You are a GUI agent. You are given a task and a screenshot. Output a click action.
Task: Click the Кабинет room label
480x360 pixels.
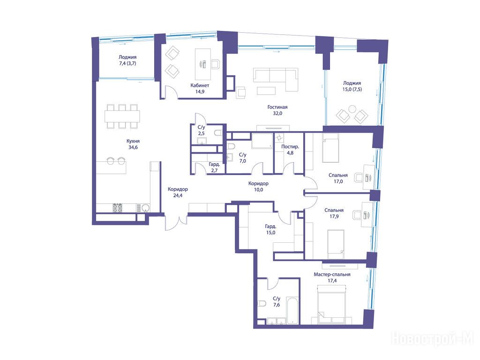200,85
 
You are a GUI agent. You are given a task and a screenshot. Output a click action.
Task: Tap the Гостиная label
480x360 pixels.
277,107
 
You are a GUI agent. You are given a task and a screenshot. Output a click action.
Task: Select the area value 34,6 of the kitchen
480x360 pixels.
133,147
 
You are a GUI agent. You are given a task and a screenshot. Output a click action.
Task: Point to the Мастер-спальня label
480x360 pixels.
332,275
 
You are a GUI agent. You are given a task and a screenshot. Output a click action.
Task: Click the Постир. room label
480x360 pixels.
290,147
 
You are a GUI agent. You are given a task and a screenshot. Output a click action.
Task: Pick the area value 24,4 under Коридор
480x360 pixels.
178,195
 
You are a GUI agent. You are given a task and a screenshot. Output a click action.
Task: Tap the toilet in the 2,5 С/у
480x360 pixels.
218,133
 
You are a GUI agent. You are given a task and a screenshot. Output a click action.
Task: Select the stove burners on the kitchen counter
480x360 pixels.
117,208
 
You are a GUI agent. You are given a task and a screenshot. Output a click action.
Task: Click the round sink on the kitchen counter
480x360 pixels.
146,208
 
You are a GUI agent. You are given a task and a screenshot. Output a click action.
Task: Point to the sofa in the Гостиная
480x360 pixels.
276,79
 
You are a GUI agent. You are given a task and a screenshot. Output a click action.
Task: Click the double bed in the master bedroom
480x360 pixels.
332,304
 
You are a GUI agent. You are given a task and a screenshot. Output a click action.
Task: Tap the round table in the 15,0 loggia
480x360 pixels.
352,109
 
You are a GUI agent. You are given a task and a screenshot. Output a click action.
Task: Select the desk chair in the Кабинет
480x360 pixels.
216,64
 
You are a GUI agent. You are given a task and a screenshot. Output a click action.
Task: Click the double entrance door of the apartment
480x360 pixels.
176,223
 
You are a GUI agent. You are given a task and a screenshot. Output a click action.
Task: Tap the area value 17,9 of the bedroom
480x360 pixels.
334,217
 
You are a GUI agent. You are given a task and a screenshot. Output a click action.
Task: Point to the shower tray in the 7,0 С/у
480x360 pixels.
262,141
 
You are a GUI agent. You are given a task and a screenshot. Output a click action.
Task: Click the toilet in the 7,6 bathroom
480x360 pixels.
262,304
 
